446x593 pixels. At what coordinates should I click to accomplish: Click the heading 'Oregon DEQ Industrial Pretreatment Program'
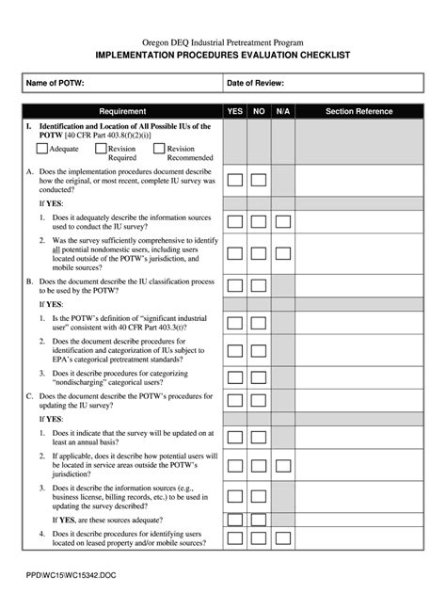(223, 43)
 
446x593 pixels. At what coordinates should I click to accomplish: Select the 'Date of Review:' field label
(255, 84)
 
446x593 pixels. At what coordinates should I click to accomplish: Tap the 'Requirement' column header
(121, 111)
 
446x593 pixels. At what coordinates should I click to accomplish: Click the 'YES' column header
(235, 111)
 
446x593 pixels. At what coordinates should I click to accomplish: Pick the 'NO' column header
(259, 111)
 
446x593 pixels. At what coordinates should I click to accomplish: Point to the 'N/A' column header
(283, 111)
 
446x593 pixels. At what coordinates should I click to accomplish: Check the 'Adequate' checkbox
(42, 149)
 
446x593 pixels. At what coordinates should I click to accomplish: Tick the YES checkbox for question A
(235, 179)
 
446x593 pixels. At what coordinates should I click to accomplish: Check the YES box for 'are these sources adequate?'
(235, 519)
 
